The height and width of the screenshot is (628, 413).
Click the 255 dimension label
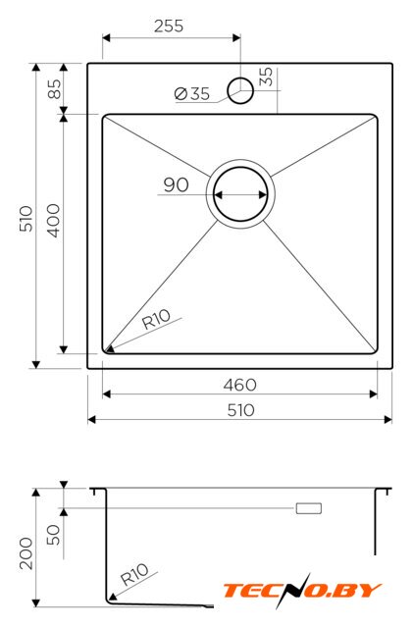(169, 26)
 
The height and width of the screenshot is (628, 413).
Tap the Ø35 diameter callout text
(192, 94)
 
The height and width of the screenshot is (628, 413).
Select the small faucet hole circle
(240, 90)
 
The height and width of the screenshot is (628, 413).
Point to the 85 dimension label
(54, 88)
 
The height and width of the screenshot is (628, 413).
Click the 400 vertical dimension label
(54, 220)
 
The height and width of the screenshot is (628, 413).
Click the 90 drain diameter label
(176, 184)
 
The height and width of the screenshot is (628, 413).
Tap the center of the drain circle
(240, 194)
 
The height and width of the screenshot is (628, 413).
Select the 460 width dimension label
(240, 385)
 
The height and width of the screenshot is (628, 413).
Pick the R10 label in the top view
(157, 319)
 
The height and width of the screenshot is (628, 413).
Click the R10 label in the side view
(134, 574)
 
